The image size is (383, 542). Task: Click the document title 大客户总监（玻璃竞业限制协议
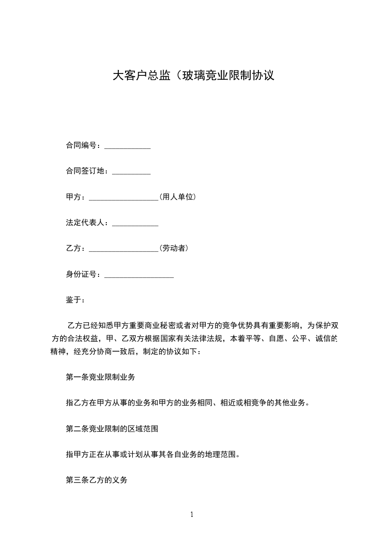coord(193,76)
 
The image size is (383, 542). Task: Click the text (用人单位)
coord(177,197)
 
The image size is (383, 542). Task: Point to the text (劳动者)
coord(173,249)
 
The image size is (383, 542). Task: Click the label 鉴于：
coord(75,300)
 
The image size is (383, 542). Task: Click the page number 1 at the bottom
coord(192,515)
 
